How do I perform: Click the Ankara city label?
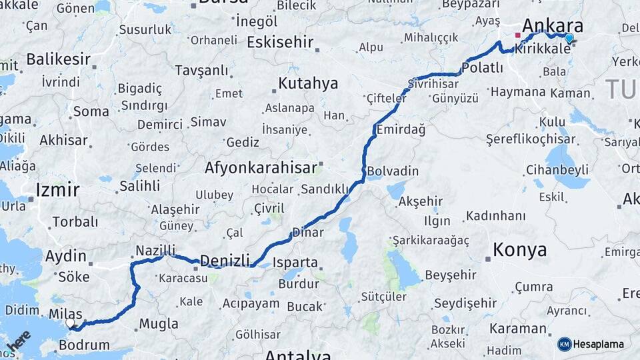[553, 26]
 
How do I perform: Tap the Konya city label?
[519, 250]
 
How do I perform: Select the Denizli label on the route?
[225, 260]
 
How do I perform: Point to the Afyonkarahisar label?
[260, 167]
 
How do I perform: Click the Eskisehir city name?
[280, 42]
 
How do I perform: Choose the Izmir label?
[57, 189]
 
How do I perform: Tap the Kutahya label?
[308, 84]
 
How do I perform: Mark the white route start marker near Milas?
[70, 323]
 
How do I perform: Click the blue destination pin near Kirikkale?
[569, 38]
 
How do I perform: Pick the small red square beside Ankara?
[517, 35]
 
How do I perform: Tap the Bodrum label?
[84, 345]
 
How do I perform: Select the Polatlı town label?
[482, 68]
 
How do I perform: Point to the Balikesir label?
[58, 59]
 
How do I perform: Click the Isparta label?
[295, 262]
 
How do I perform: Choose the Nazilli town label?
[155, 250]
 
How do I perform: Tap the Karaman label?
[517, 329]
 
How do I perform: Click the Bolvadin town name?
[393, 171]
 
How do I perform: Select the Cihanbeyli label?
[557, 170]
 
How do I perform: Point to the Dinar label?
[308, 233]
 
